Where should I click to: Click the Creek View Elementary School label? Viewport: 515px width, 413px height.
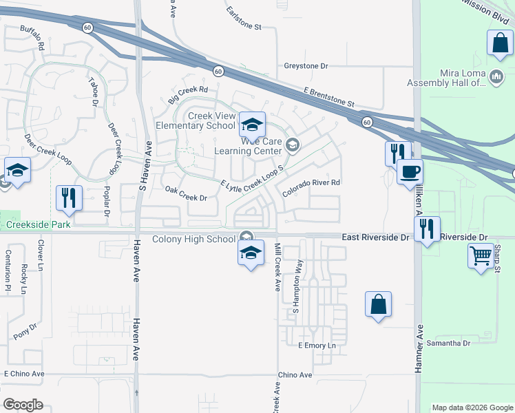pos(196,120)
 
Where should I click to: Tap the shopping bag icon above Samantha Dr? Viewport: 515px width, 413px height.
pos(378,304)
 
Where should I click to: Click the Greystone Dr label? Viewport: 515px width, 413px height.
pos(306,66)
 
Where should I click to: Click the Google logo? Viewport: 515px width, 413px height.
pos(23,405)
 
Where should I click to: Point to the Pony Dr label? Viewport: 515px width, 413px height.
pos(25,332)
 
